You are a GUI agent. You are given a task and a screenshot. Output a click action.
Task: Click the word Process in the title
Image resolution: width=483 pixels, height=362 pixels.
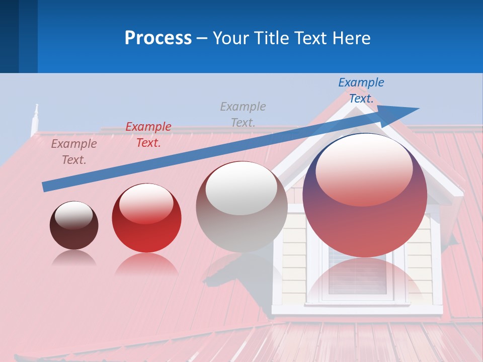click(158, 38)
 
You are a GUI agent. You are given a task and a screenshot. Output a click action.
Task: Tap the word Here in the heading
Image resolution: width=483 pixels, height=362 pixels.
click(351, 38)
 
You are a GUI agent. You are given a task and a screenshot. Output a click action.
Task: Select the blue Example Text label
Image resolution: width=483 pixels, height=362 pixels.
click(361, 90)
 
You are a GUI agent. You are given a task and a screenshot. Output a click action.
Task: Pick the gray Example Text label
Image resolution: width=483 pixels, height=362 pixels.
click(243, 114)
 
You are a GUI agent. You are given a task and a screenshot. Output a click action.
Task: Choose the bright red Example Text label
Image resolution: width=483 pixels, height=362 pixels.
click(148, 135)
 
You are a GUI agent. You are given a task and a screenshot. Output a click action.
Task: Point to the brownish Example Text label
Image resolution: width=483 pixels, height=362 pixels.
click(74, 152)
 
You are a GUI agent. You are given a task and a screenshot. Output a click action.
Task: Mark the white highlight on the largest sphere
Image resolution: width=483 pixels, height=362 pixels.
click(364, 168)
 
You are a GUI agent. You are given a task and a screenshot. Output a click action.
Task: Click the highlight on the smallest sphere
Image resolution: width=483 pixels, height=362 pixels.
click(73, 215)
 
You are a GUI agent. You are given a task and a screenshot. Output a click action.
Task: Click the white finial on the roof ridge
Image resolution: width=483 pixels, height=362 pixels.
click(35, 118)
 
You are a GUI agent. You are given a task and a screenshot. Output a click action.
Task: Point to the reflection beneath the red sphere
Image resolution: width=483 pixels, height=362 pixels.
click(146, 264)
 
